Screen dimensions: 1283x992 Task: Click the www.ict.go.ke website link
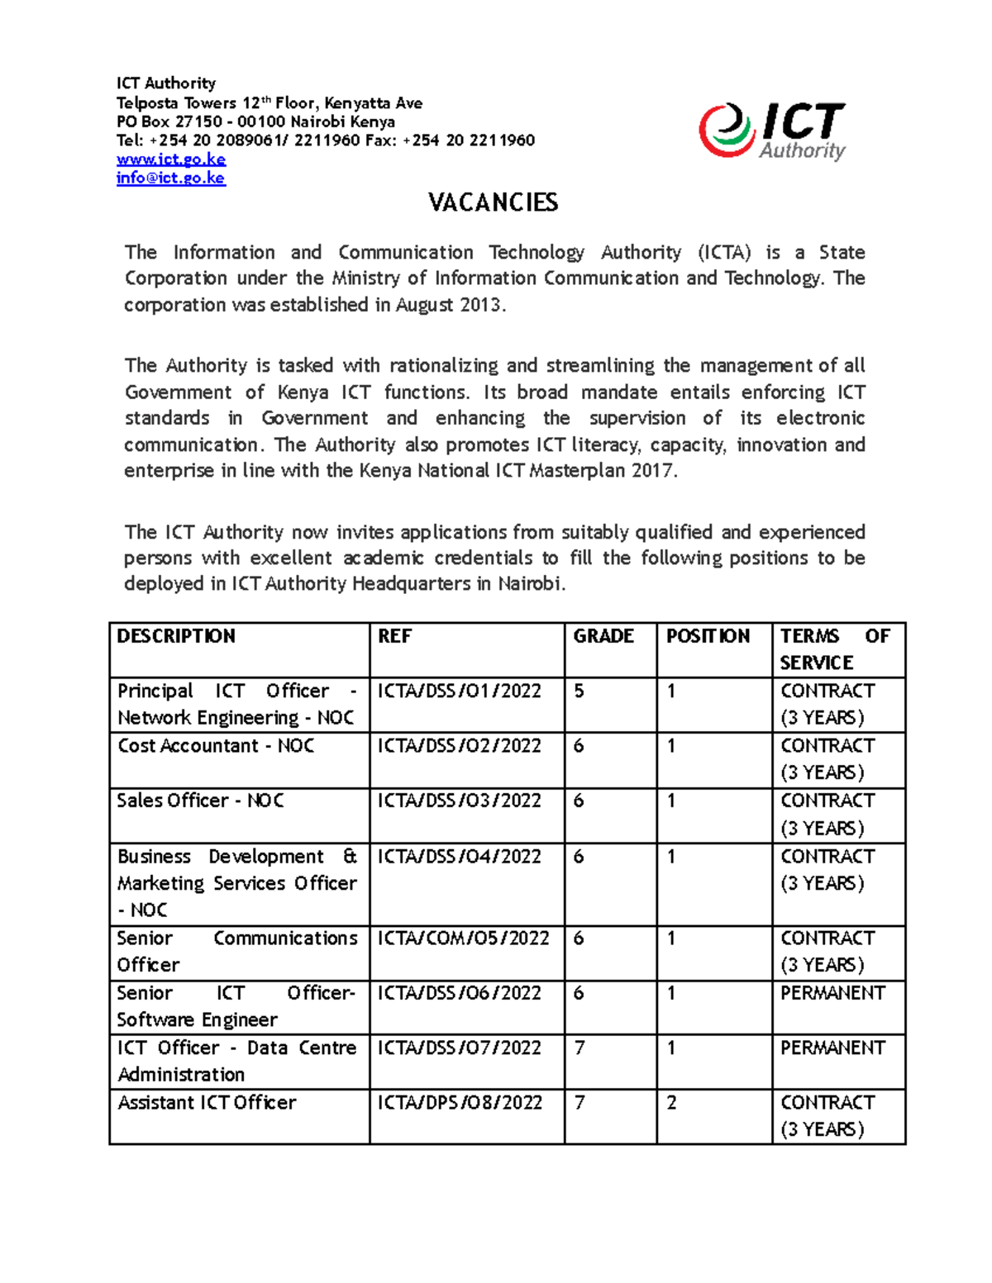(171, 159)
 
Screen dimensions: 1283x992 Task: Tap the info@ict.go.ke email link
(170, 178)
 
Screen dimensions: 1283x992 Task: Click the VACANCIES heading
(494, 202)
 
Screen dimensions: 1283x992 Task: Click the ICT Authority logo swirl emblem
(726, 131)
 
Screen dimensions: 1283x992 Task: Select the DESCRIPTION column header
(176, 636)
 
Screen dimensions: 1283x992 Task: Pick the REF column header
(394, 636)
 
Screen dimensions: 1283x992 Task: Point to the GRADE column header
(603, 636)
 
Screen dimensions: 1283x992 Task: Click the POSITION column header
(708, 636)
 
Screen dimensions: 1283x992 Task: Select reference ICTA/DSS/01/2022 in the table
(459, 691)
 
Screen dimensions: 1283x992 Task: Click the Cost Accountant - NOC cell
(216, 746)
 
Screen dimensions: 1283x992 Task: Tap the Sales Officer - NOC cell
(200, 801)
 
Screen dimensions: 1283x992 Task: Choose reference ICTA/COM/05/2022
(463, 938)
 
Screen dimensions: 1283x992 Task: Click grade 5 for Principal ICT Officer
(579, 691)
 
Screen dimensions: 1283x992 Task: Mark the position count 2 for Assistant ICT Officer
(671, 1103)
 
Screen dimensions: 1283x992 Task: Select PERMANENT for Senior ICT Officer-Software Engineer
(832, 993)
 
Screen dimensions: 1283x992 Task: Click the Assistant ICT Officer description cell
(207, 1103)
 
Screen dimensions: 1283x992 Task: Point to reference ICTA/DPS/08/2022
(460, 1103)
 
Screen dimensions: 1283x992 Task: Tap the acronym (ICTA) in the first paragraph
(724, 253)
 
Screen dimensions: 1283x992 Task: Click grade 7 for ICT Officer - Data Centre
(579, 1048)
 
